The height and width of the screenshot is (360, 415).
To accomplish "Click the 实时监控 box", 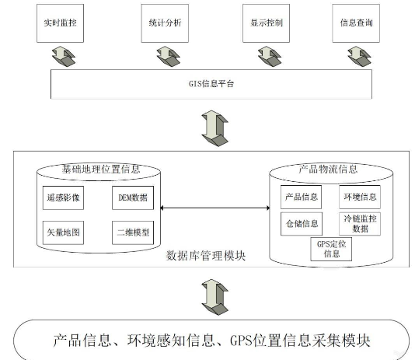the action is point(60,23).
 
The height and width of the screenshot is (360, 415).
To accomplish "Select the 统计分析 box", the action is point(165,23).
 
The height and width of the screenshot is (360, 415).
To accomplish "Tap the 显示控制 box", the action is point(267,23).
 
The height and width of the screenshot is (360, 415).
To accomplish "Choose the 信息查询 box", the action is point(356,23).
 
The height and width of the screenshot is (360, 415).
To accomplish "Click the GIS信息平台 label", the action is point(211,84).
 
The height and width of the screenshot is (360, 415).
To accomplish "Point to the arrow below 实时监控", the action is point(64,56).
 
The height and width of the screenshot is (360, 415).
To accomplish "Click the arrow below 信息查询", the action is point(359,56).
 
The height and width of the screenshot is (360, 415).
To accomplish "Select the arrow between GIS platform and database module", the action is point(214,128).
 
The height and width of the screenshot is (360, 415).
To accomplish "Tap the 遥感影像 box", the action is point(63,197).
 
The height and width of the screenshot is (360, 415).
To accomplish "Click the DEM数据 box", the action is point(133,197).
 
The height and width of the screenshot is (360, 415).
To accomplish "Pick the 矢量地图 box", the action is point(63,232).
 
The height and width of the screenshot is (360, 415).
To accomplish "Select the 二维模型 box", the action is point(133,232).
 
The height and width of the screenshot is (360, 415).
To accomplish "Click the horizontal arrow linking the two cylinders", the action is point(215,208).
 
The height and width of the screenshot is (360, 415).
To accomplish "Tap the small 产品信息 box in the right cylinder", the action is point(302,197).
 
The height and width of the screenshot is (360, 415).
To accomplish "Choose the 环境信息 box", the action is point(360,197).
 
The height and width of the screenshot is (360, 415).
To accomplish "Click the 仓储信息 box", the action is point(302,224).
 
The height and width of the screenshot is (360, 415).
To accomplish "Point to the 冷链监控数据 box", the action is point(360,224).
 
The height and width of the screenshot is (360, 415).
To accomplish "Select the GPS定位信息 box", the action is point(331,249).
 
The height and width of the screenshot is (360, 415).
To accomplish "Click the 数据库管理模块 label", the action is point(206,256).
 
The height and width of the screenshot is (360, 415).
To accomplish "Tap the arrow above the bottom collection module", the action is point(214,297).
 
